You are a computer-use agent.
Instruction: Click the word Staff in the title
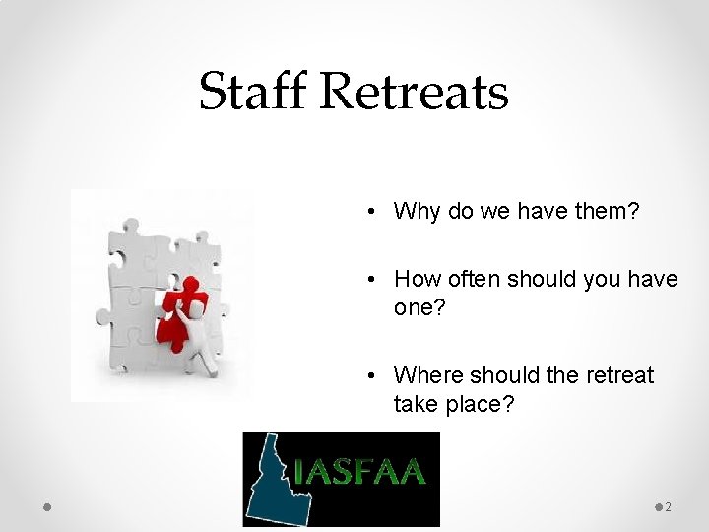(x=253, y=92)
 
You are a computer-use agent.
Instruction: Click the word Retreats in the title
(x=415, y=92)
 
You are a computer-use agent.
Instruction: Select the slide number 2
(x=669, y=507)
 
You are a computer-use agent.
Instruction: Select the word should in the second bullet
(x=544, y=280)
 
